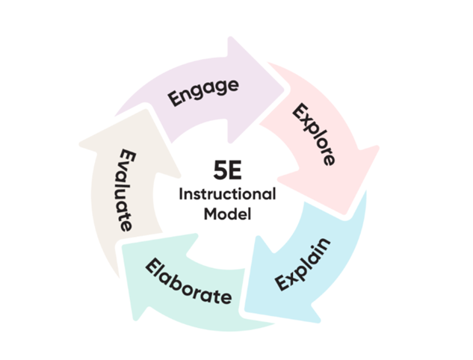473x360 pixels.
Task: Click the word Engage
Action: coord(203,92)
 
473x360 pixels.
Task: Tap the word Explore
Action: coord(314,134)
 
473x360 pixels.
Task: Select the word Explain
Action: coord(303,264)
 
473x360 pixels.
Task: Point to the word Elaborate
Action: coord(188,282)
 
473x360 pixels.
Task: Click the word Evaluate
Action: coord(126,190)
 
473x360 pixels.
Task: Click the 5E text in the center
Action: coord(227,170)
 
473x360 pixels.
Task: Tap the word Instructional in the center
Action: coord(227,194)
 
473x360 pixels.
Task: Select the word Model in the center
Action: coord(227,214)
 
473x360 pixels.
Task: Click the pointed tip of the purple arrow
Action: coord(284,89)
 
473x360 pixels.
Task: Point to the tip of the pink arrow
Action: coord(344,214)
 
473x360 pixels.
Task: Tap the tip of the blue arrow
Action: coord(245,310)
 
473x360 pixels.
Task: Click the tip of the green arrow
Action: coord(123,245)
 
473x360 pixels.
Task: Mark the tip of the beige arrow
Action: coord(146,110)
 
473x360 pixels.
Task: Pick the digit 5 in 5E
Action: coord(220,170)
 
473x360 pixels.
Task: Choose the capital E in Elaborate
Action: coord(153,265)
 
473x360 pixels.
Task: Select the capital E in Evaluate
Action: coord(128,155)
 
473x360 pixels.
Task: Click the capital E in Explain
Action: coord(282,283)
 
